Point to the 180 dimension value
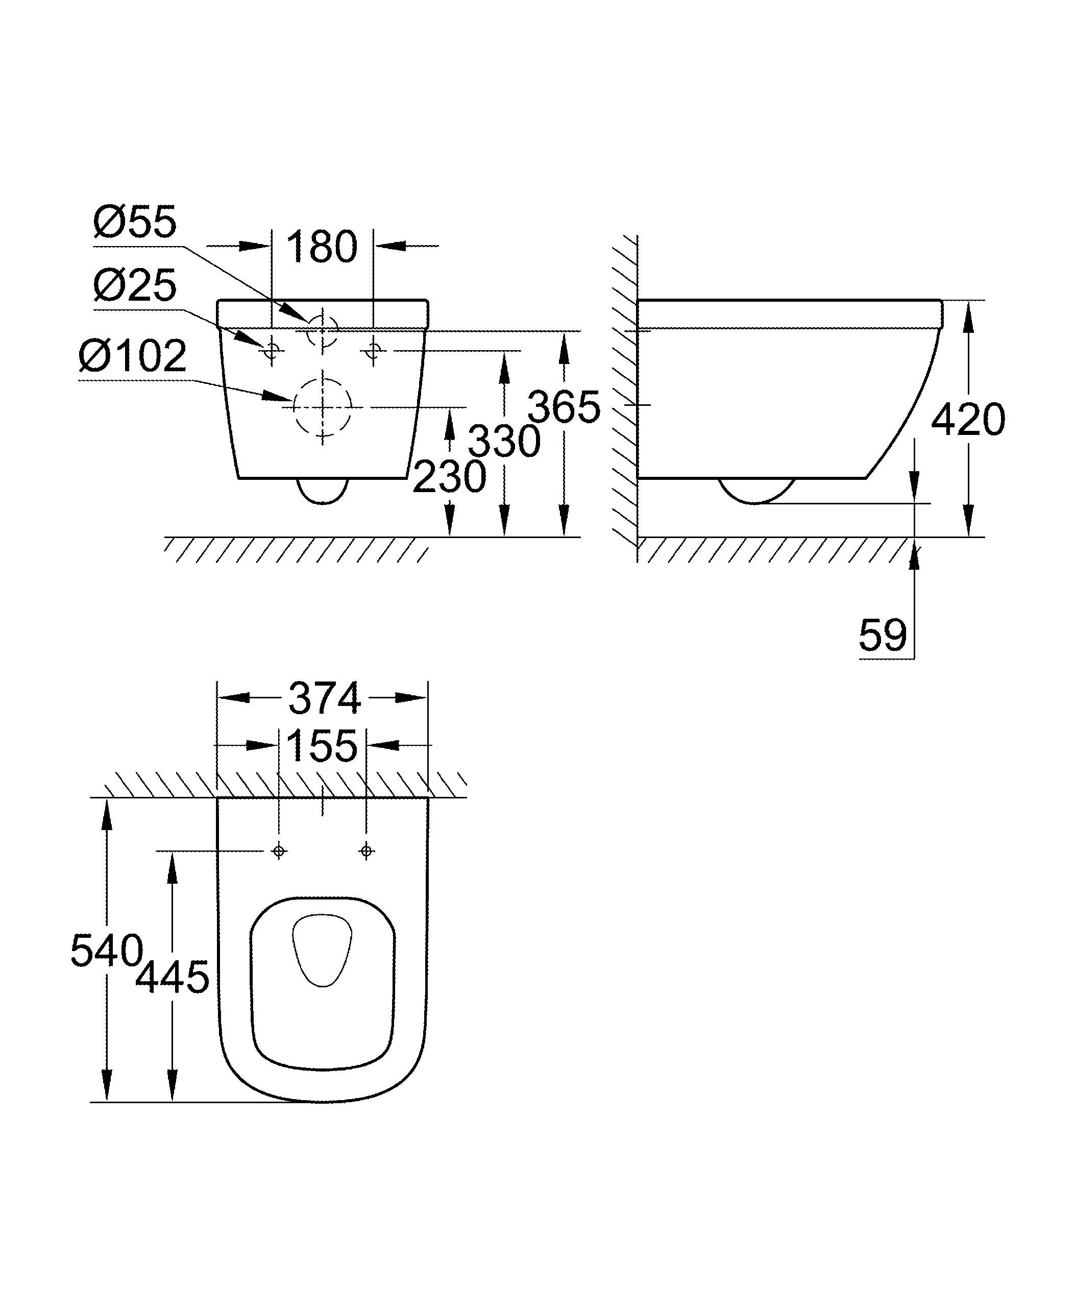tap(322, 248)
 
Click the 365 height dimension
tap(563, 407)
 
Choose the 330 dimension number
tap(504, 442)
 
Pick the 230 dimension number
tap(449, 477)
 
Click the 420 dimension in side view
tap(968, 421)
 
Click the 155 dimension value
tap(322, 746)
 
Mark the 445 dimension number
tap(173, 977)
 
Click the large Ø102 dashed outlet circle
tap(323, 406)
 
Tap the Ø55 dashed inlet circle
tap(322, 331)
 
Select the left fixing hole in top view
tap(279, 850)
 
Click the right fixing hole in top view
tap(367, 850)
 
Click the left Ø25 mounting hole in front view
tap(271, 351)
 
